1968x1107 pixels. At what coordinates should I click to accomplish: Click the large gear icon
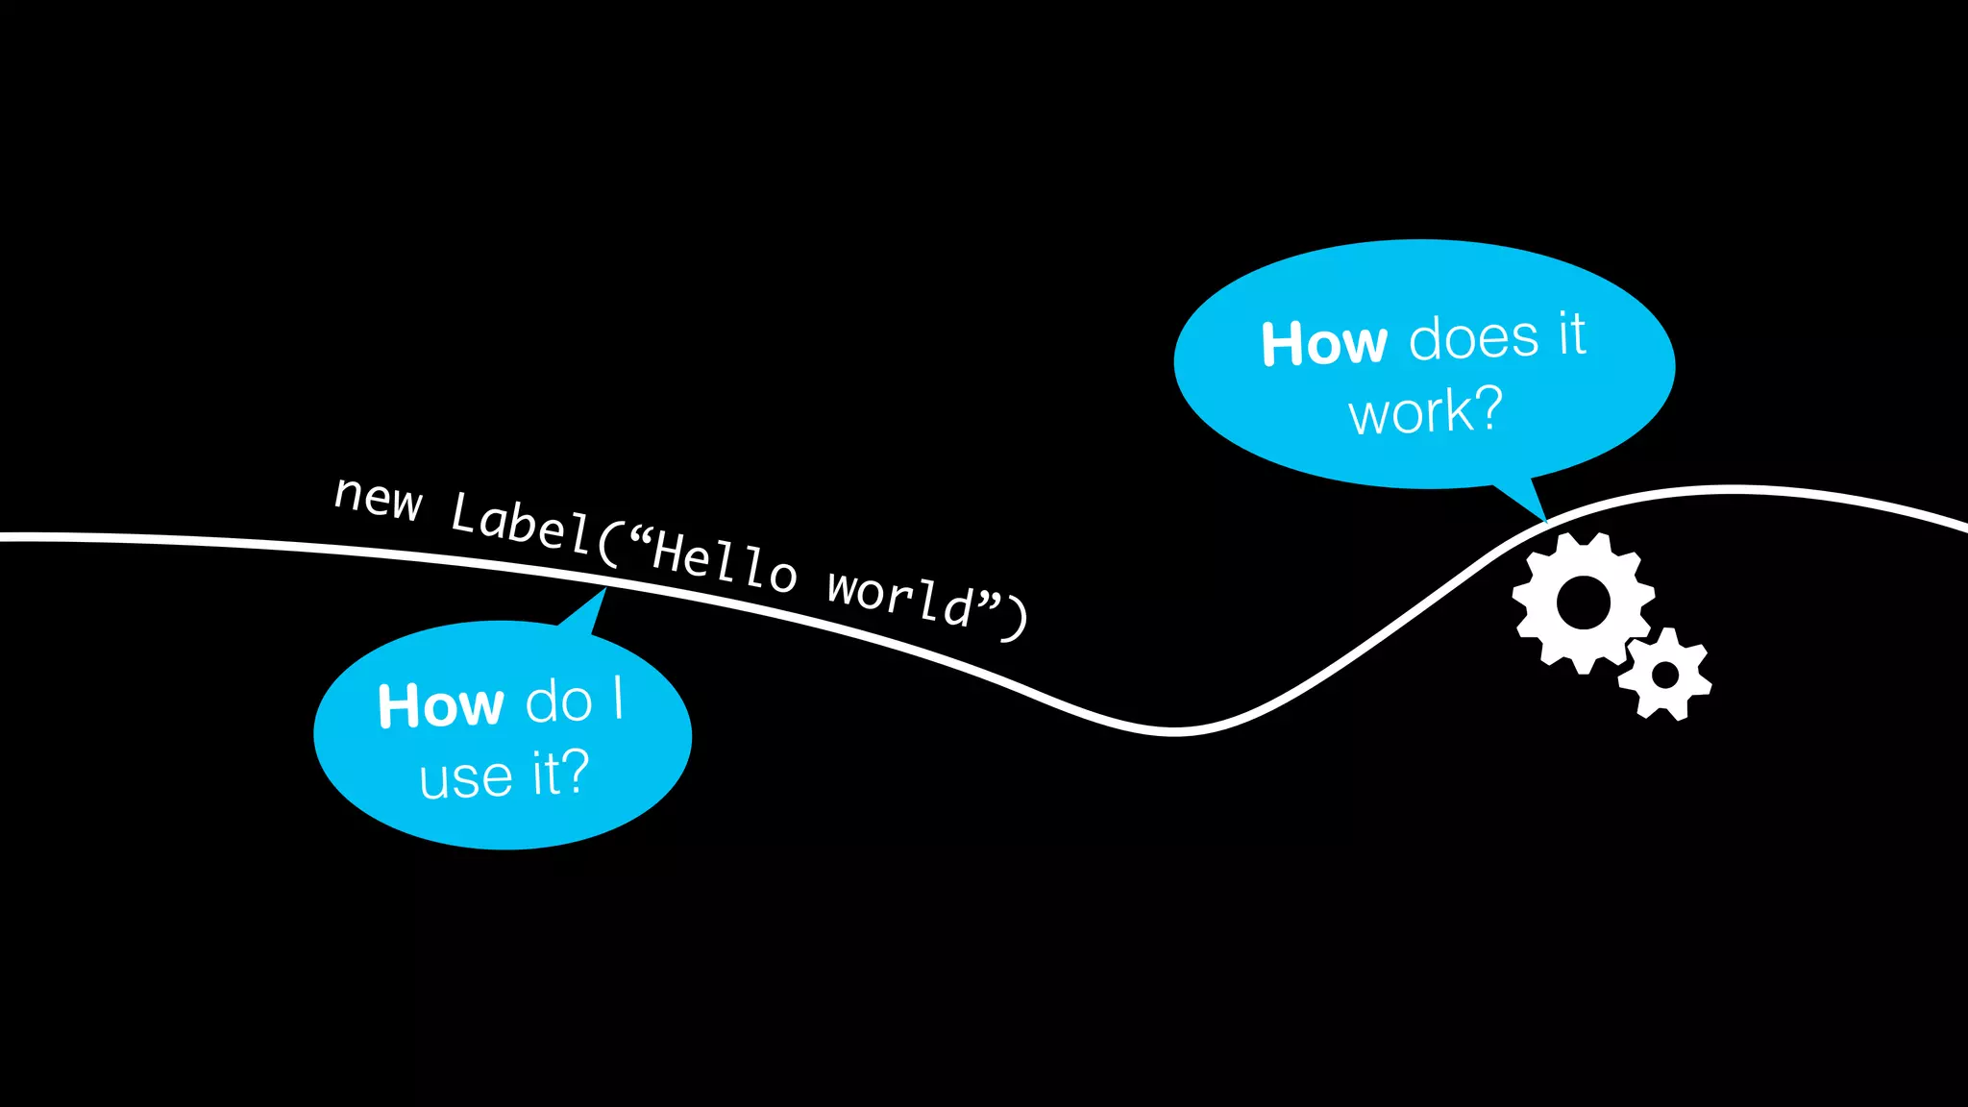point(1583,603)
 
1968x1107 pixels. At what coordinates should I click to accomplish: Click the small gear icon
point(1665,675)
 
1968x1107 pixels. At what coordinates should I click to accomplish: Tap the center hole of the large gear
point(1583,603)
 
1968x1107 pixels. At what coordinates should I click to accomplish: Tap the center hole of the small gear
point(1665,675)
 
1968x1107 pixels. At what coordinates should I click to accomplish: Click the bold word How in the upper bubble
point(1324,343)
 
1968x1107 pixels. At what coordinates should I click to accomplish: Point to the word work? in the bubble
point(1425,412)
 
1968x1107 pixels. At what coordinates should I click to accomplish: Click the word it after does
point(1571,334)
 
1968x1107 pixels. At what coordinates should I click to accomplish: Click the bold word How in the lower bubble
point(440,706)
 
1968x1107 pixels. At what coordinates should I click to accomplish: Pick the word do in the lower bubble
point(558,701)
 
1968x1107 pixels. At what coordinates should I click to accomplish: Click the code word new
point(378,498)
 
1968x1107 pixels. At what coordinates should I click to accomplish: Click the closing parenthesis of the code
point(1016,619)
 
